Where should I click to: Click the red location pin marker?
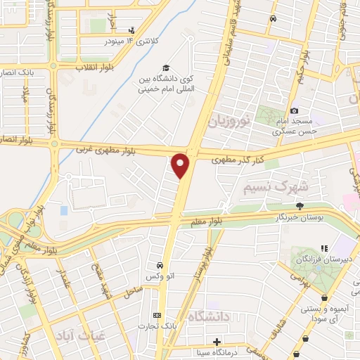(x=181, y=166)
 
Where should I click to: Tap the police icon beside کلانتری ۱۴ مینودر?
(x=131, y=30)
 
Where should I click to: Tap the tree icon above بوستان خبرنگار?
(x=300, y=206)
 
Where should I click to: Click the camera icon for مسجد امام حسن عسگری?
(x=294, y=110)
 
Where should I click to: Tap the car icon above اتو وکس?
(x=160, y=265)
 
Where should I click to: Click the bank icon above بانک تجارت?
(x=157, y=315)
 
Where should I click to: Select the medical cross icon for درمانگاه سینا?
(x=217, y=342)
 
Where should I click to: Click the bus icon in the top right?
(x=274, y=19)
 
